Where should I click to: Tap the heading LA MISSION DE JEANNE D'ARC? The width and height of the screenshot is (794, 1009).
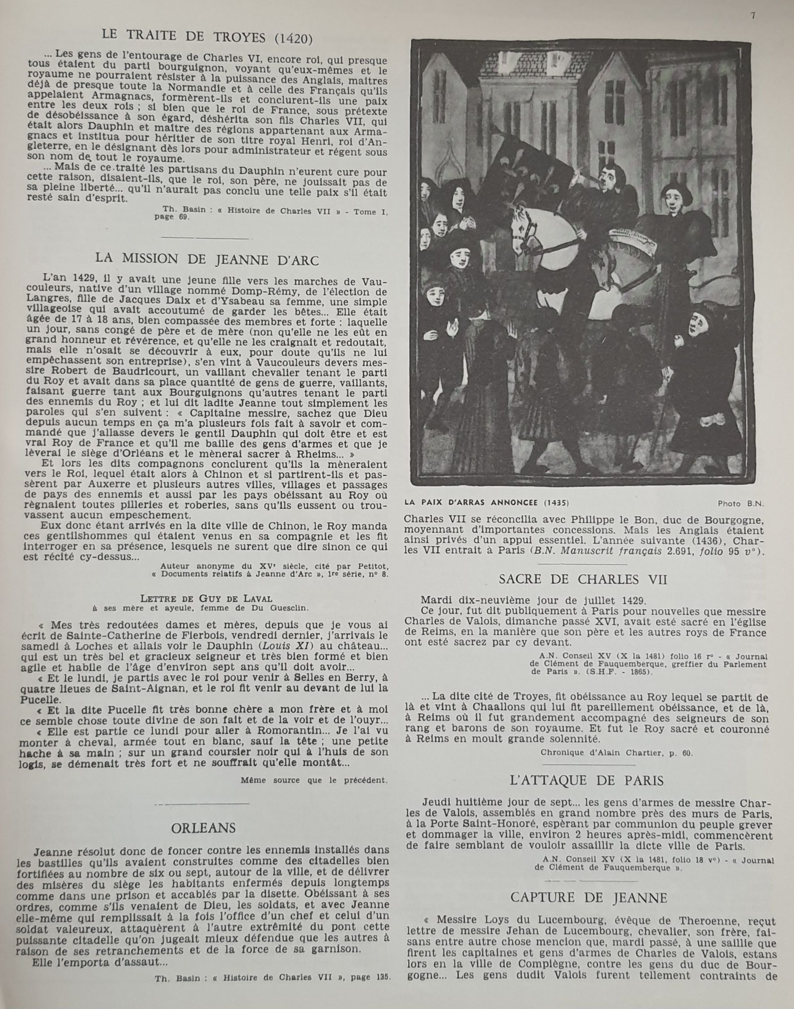[207, 260]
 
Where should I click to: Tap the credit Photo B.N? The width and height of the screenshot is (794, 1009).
[741, 503]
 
